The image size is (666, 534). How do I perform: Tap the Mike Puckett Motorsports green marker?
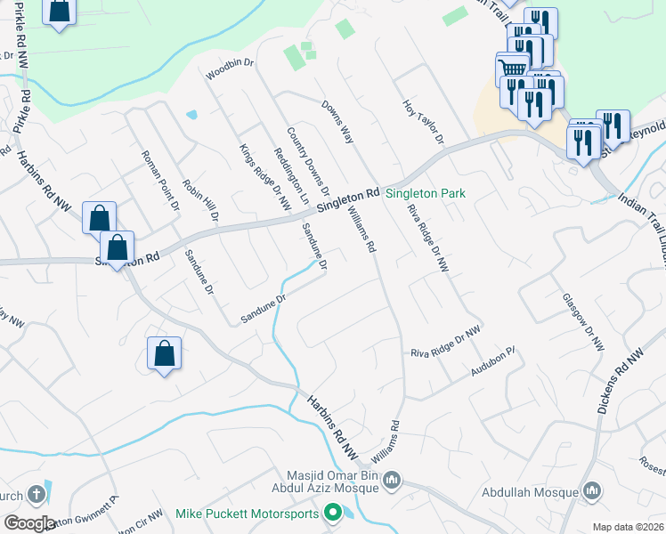tap(334, 513)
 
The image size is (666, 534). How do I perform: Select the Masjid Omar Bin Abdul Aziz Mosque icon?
tap(393, 481)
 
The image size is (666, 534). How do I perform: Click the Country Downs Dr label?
tap(308, 162)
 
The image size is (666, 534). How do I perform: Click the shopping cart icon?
tap(512, 69)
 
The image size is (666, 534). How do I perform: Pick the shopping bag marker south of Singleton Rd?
tap(165, 354)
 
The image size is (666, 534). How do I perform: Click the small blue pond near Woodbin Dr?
tap(191, 115)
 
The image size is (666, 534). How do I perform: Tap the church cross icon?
tap(36, 493)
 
